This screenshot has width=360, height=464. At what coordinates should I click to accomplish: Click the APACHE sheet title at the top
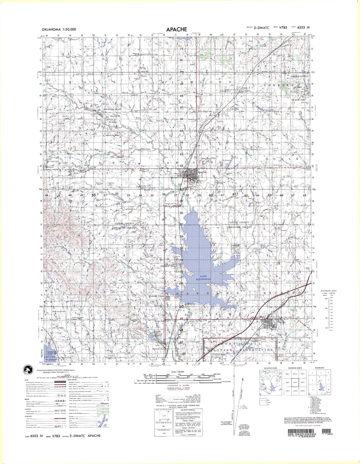[176, 29]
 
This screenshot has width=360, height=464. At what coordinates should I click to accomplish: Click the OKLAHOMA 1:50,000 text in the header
[59, 29]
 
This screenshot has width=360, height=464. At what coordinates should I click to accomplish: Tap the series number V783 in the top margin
[283, 28]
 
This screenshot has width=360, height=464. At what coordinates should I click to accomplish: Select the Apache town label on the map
[202, 172]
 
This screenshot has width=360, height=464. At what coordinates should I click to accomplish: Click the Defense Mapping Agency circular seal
[28, 371]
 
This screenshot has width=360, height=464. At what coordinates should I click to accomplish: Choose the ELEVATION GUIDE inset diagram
[270, 381]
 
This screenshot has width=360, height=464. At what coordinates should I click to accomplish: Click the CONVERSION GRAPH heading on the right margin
[328, 291]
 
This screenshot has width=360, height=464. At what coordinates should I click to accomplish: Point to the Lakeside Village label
[156, 296]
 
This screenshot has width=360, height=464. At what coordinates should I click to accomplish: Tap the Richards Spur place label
[158, 349]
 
